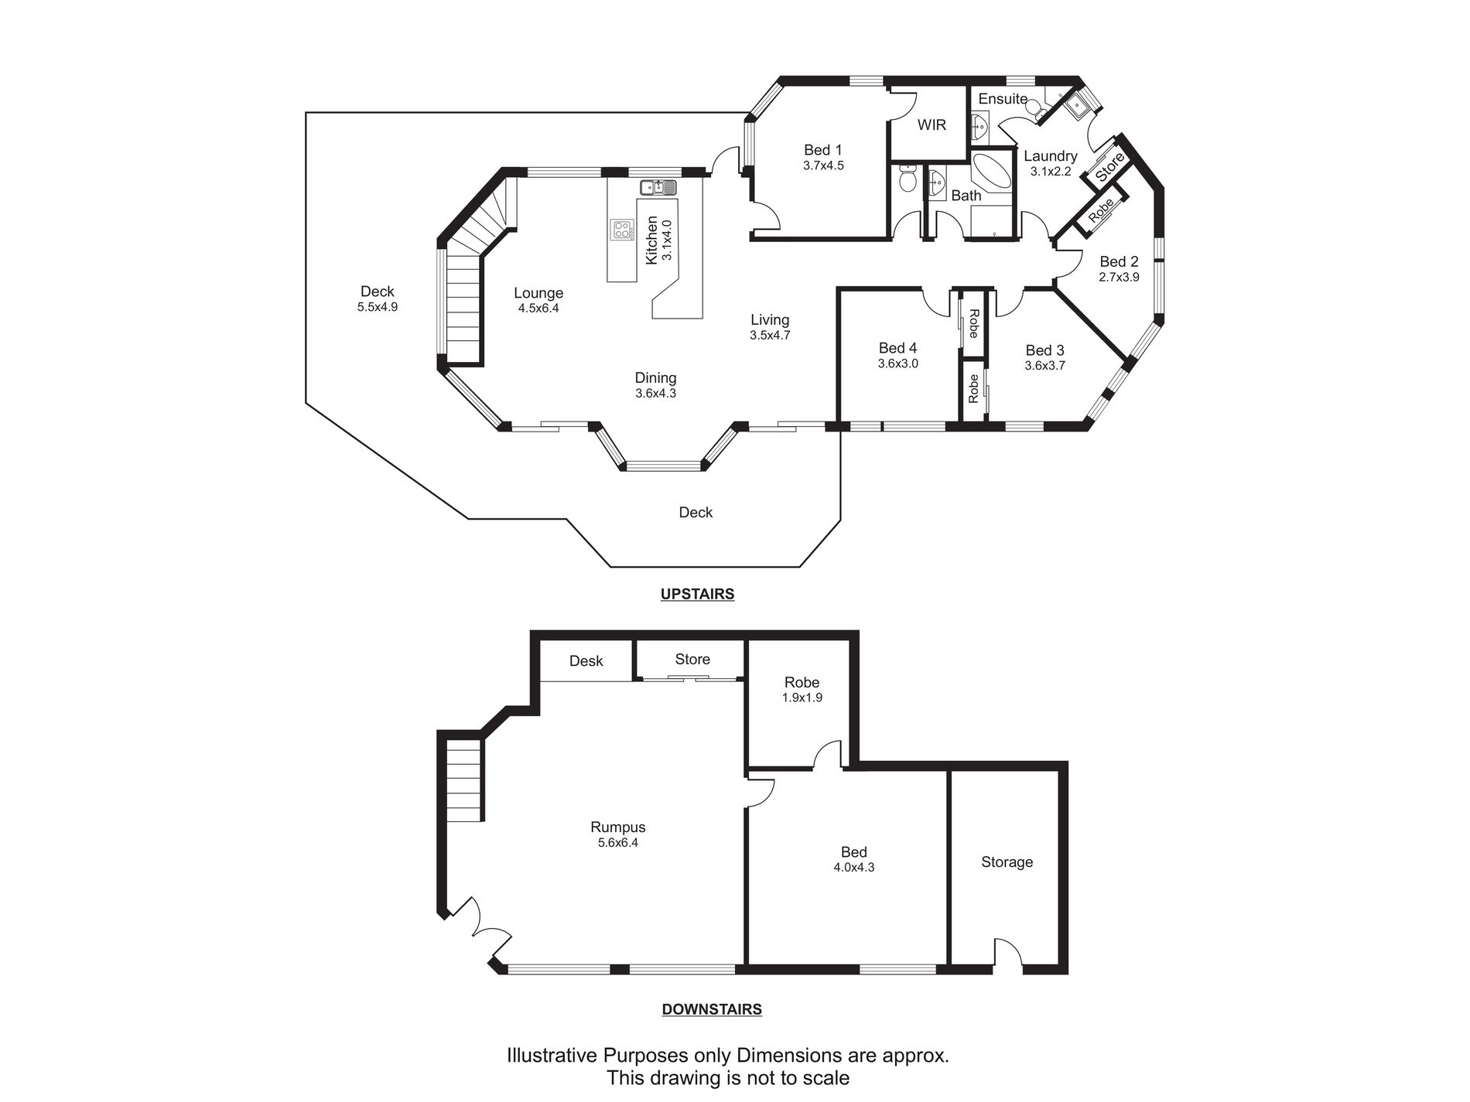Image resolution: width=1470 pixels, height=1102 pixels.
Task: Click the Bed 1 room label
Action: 822,150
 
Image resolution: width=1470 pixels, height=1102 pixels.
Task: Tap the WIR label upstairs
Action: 932,125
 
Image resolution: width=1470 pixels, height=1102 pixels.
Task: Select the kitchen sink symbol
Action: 658,187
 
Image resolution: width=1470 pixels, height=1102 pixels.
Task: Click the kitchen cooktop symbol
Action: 621,230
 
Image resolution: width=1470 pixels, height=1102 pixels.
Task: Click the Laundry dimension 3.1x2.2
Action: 1050,172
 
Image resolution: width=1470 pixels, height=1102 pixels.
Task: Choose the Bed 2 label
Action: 1119,262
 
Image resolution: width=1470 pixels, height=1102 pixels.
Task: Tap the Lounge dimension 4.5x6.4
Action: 538,308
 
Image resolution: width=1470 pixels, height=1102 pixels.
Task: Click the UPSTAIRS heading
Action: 697,594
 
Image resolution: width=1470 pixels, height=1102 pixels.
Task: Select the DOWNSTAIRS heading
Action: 712,1009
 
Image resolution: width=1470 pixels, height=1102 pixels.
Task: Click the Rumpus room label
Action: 617,827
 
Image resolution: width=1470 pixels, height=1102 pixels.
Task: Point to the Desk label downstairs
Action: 586,661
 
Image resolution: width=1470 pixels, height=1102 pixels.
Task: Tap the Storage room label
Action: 1007,862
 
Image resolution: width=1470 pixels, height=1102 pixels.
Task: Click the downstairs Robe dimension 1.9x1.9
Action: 802,698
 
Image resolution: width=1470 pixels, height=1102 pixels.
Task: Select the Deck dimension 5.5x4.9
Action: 378,306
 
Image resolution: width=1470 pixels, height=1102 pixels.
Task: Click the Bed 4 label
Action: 897,349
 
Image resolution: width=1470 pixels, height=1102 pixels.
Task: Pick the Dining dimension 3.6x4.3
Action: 655,393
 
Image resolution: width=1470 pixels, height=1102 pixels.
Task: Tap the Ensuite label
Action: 1003,99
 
